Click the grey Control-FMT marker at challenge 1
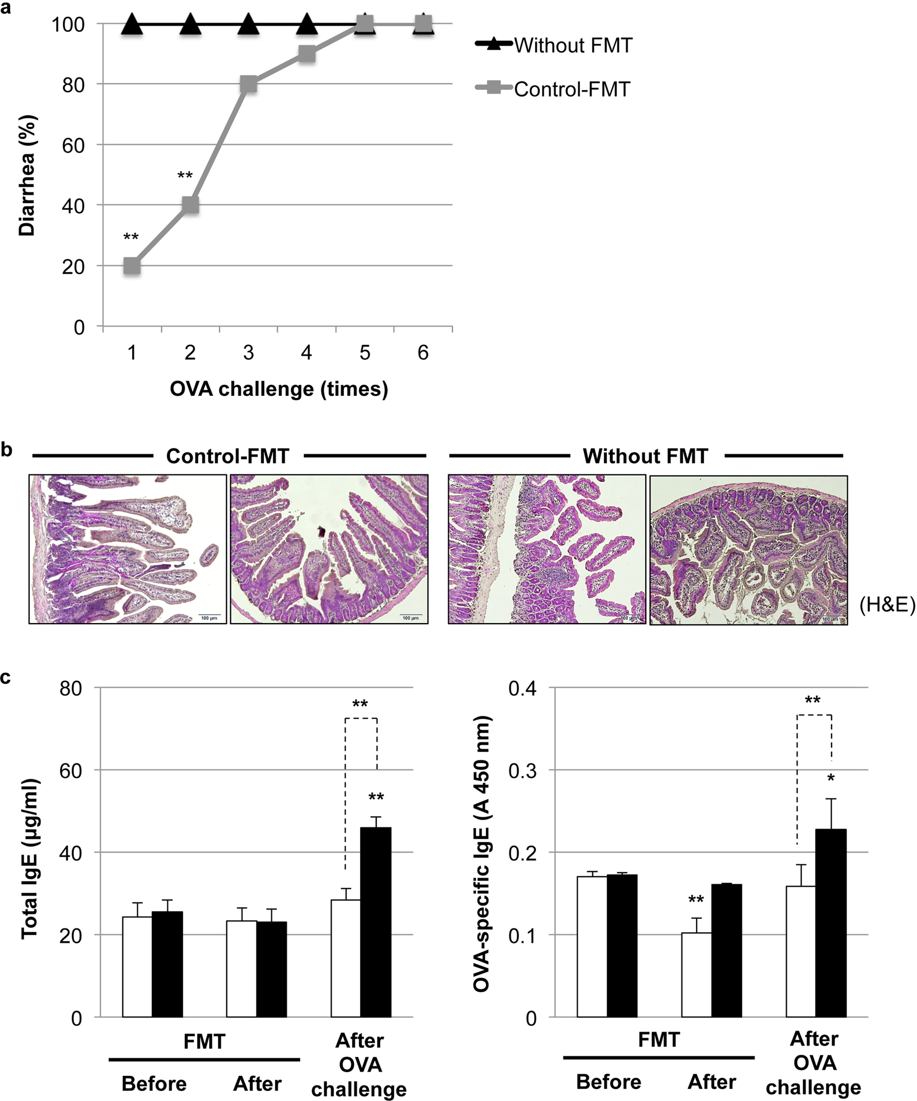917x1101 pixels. (x=132, y=266)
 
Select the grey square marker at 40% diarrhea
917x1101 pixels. (x=190, y=205)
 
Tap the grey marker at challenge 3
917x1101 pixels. (x=248, y=84)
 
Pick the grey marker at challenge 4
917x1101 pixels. (x=306, y=54)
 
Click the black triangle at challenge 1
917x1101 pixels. (x=132, y=25)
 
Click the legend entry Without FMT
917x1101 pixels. (x=573, y=46)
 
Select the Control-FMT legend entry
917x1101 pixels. (x=572, y=89)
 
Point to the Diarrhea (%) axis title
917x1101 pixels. (x=27, y=175)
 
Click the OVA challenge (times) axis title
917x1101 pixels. (x=279, y=389)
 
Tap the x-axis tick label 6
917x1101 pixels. (x=423, y=353)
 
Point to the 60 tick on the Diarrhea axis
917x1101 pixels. (x=73, y=145)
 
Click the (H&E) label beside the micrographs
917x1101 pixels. (x=887, y=604)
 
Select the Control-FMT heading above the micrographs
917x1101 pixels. (x=228, y=457)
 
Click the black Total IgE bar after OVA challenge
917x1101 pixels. (x=376, y=922)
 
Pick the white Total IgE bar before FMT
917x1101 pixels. (x=137, y=966)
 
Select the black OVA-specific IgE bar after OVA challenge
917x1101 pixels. (x=830, y=923)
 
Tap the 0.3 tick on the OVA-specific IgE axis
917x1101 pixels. (x=522, y=771)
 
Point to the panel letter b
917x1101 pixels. (x=7, y=450)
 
